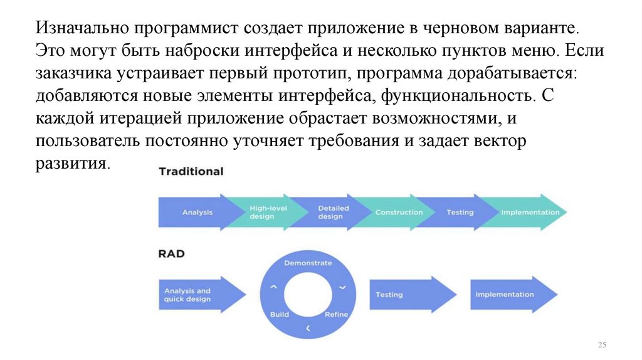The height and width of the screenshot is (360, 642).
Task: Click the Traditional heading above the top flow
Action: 191,171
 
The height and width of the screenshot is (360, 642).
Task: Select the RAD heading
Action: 171,254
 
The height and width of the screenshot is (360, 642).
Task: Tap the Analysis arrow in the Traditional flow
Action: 197,213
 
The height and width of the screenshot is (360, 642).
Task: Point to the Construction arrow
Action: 399,213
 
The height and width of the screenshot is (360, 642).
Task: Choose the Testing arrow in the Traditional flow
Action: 460,213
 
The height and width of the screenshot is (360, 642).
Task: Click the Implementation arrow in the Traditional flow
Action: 530,213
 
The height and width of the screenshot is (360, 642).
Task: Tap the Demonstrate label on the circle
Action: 308,263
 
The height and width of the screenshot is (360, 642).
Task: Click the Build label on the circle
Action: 279,314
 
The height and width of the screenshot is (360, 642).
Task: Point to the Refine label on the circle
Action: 336,314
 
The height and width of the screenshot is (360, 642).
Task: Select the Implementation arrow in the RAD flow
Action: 505,295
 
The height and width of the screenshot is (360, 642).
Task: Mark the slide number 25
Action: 603,346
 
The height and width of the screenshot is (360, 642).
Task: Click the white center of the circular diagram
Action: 308,295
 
